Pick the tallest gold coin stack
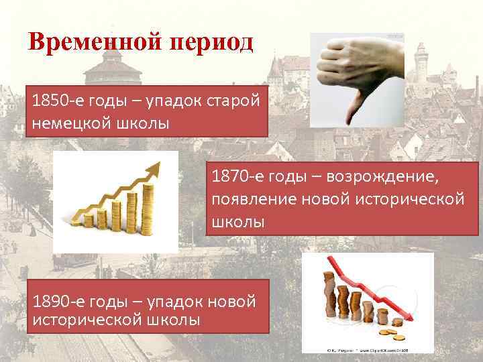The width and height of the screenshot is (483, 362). tap(148, 205)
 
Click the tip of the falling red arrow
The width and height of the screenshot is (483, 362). tap(410, 320)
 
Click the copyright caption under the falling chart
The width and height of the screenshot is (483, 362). tap(368, 349)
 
